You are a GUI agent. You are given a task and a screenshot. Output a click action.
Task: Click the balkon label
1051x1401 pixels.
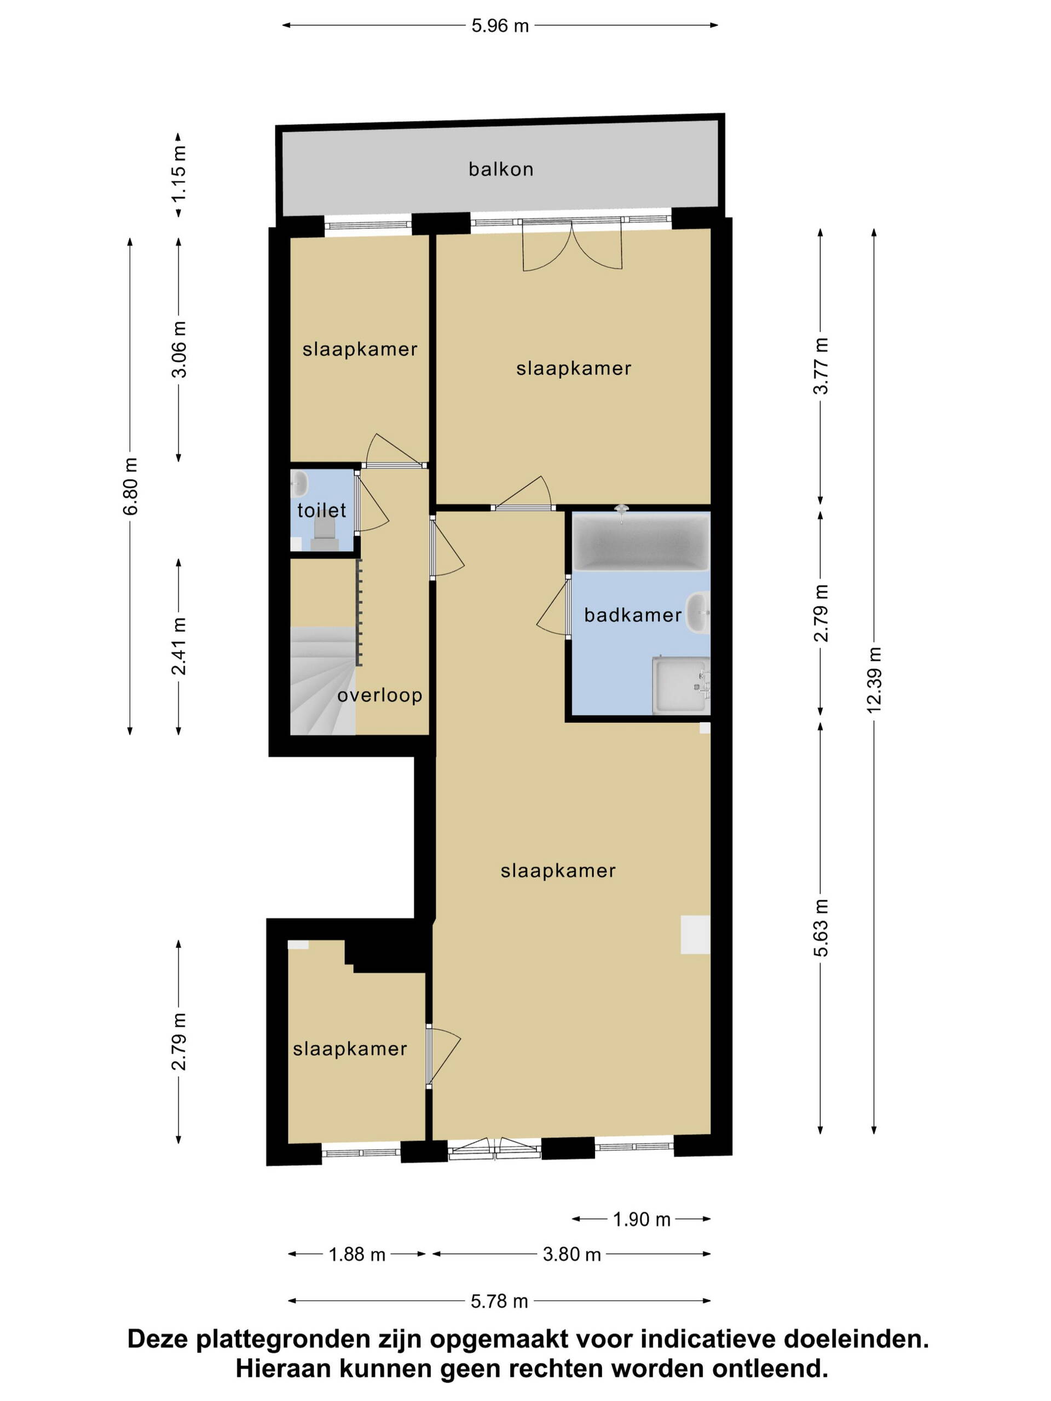[500, 169]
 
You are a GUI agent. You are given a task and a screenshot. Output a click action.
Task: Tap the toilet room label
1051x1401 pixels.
[322, 510]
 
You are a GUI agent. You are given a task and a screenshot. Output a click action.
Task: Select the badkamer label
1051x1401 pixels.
[633, 615]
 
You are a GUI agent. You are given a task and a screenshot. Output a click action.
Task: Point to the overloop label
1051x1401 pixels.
[379, 696]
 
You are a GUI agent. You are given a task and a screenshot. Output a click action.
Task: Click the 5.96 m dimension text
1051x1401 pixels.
[500, 26]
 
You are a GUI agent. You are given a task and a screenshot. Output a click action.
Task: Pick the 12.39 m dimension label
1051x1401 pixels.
[874, 681]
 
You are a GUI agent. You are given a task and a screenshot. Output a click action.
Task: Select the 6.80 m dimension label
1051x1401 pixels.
[130, 487]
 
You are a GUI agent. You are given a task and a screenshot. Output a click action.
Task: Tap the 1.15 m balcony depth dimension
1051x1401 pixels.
[178, 174]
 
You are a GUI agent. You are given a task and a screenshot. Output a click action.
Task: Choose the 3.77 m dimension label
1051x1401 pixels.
[821, 366]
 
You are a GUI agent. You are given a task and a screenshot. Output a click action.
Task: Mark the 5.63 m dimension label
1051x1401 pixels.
[821, 928]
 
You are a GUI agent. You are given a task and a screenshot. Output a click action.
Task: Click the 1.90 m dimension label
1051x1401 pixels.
[641, 1219]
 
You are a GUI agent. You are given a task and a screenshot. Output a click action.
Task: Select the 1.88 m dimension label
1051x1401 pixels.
[357, 1255]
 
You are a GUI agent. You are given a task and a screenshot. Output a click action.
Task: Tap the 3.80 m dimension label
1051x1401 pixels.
[571, 1255]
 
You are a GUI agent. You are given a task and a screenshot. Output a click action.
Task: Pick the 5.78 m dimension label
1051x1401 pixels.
[499, 1301]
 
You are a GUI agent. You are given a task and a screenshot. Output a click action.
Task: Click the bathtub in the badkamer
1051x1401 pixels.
[640, 542]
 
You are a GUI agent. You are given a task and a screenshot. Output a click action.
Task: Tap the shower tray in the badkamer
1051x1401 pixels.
[681, 685]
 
